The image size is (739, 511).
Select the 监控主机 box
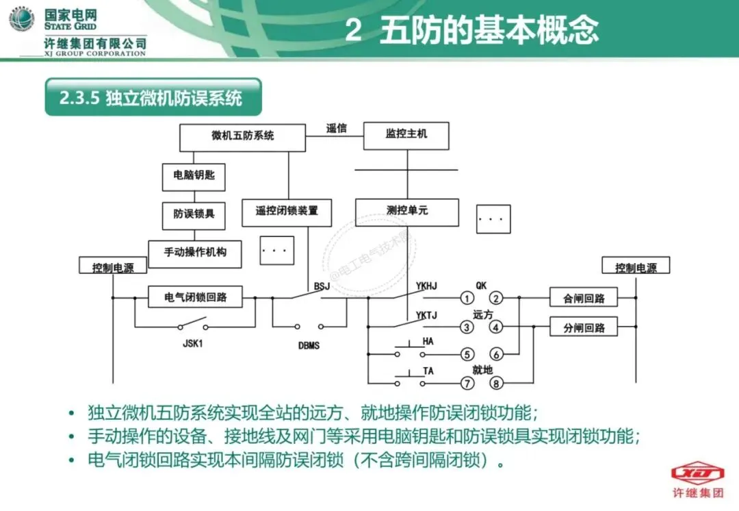pos(406,136)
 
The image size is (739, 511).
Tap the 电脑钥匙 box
pos(194,176)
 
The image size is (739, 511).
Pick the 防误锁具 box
pos(194,214)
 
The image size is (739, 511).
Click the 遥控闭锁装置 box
pos(287,212)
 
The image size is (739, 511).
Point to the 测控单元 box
pos(406,212)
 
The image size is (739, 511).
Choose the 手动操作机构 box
pos(195,253)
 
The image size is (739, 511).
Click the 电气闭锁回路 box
pos(196,298)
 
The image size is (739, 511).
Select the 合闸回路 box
pos(584,299)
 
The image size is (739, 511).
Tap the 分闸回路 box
pos(584,327)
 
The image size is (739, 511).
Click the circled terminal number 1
pos(467,299)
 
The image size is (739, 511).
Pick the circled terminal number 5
pos(467,355)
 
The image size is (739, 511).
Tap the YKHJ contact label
pos(426,285)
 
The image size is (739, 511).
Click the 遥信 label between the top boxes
pos(336,128)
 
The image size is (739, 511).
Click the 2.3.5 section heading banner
pos(153,97)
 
